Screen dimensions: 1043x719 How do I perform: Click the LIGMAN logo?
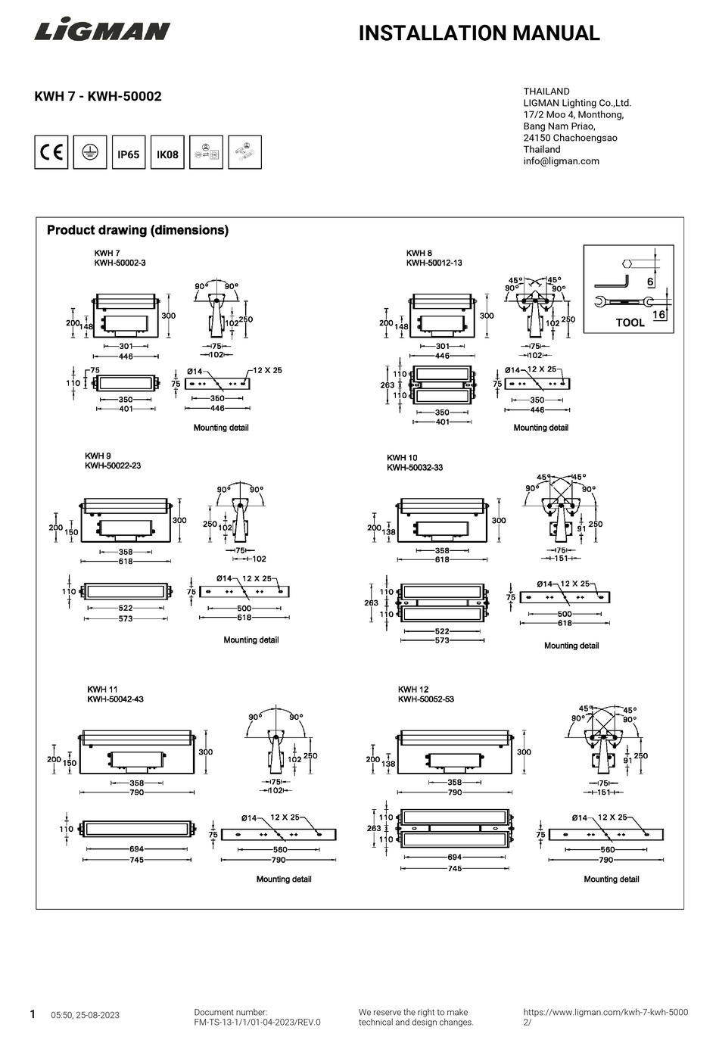coord(102,31)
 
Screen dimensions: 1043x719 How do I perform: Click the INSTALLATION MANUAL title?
coord(478,33)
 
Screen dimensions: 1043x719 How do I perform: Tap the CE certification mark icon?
coord(51,153)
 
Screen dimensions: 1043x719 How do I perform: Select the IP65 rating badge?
coord(128,154)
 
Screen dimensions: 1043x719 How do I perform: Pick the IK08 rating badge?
coord(167,154)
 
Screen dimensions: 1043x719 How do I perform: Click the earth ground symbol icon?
coord(89,153)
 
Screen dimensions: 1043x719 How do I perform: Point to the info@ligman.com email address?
coord(561,161)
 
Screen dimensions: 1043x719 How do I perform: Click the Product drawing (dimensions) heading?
coord(138,230)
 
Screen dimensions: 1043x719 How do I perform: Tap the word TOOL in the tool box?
coord(630,322)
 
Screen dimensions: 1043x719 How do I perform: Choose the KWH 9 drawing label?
coord(98,456)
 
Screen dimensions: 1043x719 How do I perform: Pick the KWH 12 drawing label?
coord(413,690)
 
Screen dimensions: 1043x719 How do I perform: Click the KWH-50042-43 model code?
coord(115,699)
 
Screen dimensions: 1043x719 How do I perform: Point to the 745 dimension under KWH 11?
coord(136,860)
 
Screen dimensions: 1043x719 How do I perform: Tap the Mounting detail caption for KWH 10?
coord(571,646)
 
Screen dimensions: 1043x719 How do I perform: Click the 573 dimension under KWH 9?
coord(126,618)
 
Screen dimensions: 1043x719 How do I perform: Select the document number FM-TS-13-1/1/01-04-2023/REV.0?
coord(257,1022)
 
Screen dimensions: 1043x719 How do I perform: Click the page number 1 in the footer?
coord(33,1014)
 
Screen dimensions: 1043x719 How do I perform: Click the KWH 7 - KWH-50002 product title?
coord(98,96)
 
